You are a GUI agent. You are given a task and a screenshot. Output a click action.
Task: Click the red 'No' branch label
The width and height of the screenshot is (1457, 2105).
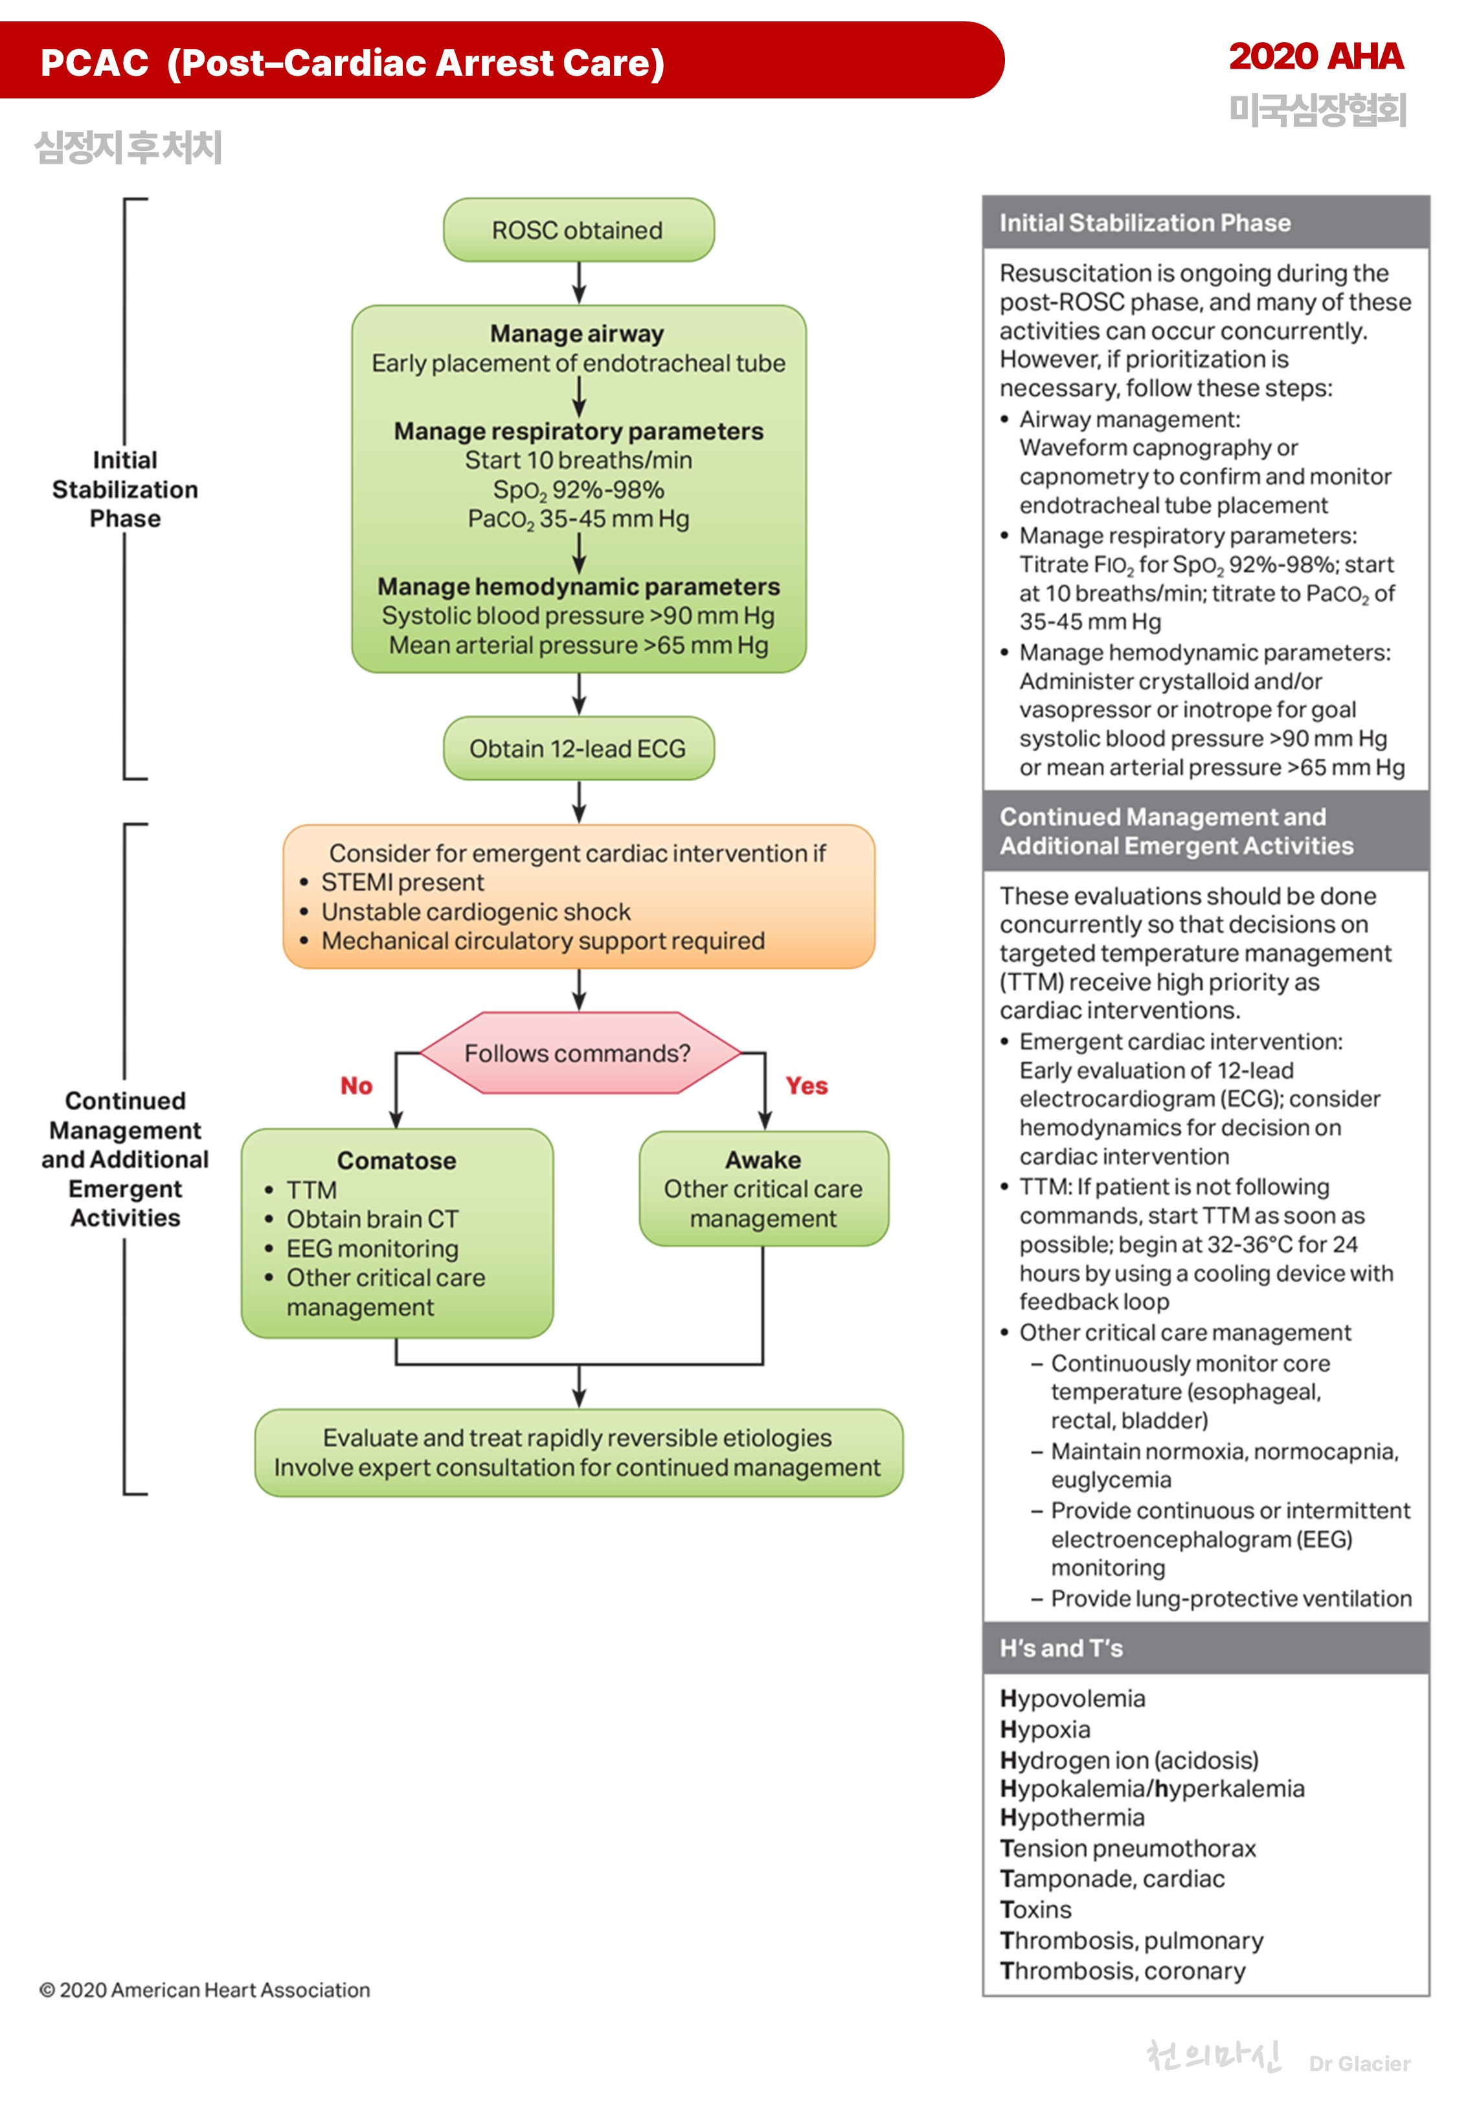356,1086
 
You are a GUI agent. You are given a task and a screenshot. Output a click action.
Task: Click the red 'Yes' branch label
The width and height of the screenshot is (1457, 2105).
806,1086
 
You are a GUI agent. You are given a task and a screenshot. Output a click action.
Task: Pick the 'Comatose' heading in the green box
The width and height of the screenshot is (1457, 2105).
396,1160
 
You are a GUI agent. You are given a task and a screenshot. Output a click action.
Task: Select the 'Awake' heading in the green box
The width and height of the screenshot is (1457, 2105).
763,1159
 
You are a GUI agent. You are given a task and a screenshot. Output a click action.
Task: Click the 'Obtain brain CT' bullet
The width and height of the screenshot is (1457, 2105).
372,1219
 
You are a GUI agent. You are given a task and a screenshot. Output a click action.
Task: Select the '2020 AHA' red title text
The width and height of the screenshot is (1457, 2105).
1315,56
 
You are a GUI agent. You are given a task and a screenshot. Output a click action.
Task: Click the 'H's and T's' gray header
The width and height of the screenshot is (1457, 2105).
1061,1648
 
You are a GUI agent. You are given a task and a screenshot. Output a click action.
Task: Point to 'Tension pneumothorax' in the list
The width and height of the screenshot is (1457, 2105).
1128,1849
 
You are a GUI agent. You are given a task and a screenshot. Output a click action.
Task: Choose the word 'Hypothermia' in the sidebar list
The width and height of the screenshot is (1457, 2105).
1072,1817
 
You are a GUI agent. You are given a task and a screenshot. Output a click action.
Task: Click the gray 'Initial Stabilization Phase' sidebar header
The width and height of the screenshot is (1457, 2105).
1145,223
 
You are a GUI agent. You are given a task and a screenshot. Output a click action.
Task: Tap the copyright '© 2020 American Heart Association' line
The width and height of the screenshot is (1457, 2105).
205,1990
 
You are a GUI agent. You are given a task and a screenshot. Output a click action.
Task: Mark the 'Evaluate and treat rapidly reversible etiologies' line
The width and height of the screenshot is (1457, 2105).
577,1438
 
